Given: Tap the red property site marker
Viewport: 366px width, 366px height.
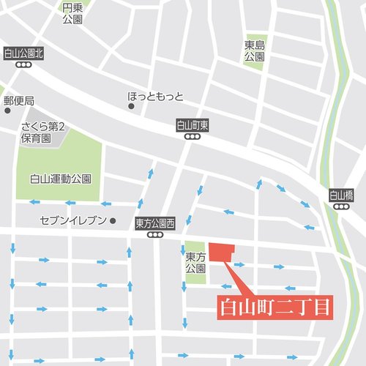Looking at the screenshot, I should coord(220,251).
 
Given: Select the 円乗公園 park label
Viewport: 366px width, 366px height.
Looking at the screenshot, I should coord(72,13).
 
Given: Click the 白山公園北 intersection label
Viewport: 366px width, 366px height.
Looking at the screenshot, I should coord(24,53).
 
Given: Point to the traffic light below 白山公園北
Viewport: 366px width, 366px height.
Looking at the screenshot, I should coord(24,64).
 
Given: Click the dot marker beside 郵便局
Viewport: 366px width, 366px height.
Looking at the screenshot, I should coord(7,111).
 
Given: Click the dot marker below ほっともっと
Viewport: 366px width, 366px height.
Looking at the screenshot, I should coord(132,107).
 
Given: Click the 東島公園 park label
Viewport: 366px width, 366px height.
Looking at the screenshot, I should coord(254,51).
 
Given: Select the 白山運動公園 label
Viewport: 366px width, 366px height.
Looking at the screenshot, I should coord(60,179).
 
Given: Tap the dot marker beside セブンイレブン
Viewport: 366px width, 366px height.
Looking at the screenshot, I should coord(113,220).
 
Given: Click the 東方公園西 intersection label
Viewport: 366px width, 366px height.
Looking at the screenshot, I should coord(154,223).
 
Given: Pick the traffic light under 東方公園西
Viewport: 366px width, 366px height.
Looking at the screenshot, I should coord(154,235).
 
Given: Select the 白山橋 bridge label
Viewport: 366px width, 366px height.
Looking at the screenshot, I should coord(341,195).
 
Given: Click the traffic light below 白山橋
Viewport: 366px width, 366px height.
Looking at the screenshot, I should coord(341,207).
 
